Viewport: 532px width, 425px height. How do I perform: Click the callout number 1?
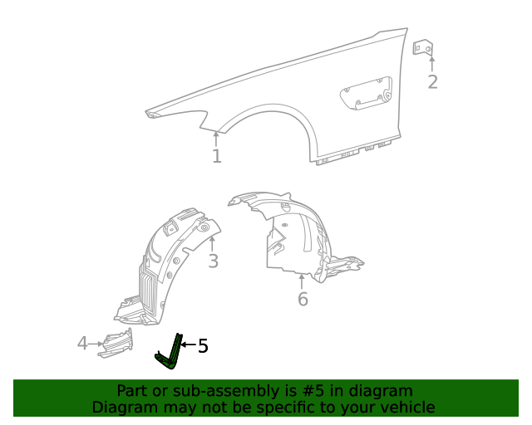pyautogui.click(x=216, y=156)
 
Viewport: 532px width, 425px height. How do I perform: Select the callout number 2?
pyautogui.click(x=432, y=81)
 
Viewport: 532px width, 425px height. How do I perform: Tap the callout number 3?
pyautogui.click(x=213, y=261)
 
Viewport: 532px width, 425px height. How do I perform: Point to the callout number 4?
pyautogui.click(x=82, y=342)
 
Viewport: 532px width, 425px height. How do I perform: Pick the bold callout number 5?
pyautogui.click(x=203, y=346)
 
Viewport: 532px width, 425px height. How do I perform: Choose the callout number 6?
pyautogui.click(x=303, y=299)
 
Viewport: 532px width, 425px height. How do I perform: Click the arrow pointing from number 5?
pyautogui.click(x=188, y=344)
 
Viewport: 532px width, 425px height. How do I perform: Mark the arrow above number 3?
pyautogui.click(x=213, y=244)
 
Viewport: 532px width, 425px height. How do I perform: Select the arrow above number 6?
pyautogui.click(x=303, y=281)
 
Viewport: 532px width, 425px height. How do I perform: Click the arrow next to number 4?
pyautogui.click(x=95, y=342)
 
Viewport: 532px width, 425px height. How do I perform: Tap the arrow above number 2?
pyautogui.click(x=431, y=63)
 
